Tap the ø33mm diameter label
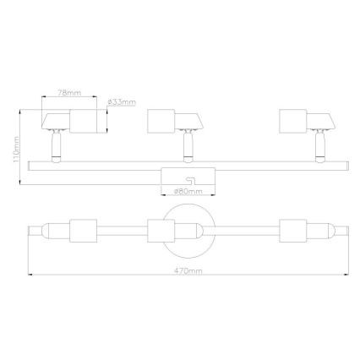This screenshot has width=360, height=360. [x=123, y=102]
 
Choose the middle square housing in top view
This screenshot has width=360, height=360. [x=160, y=232]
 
